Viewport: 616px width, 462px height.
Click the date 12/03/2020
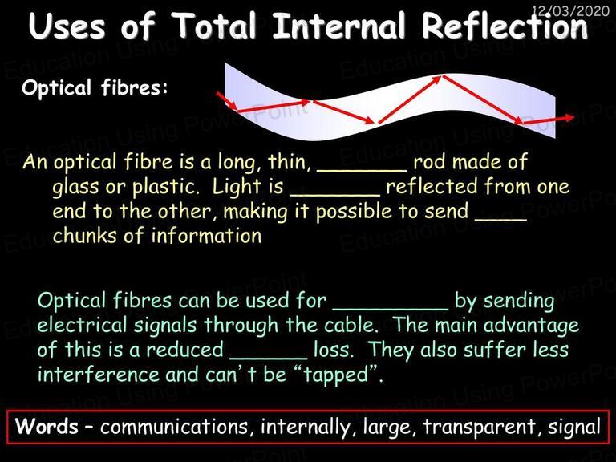coord(570,10)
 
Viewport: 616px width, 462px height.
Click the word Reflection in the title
coord(505,26)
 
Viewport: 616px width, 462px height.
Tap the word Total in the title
coord(214,26)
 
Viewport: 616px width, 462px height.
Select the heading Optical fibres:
coord(95,87)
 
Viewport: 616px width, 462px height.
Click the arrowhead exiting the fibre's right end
coord(569,117)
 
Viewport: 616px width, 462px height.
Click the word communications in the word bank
coord(174,427)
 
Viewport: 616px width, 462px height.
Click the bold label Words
coord(47,426)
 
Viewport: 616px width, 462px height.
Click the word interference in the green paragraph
coord(99,374)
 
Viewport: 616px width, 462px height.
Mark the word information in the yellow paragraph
coord(206,236)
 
